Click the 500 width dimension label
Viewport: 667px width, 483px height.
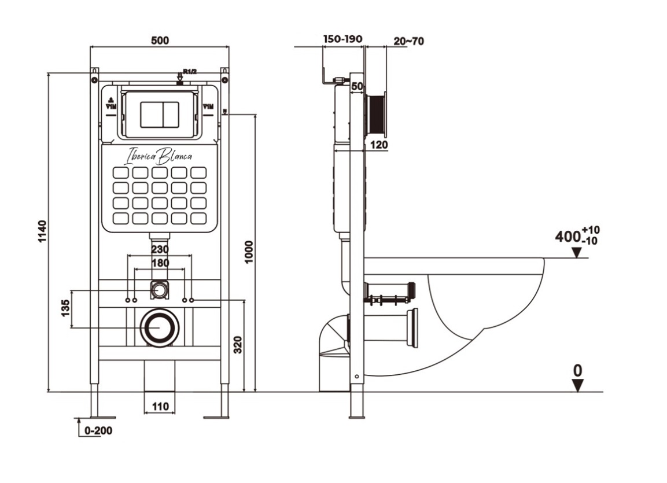click(x=160, y=40)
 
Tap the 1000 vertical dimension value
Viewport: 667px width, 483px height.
click(x=249, y=252)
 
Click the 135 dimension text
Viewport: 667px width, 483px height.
click(x=65, y=308)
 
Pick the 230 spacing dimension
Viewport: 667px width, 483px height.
click(x=160, y=249)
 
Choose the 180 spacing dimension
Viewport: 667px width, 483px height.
click(x=160, y=263)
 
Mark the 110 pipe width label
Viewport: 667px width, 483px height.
click(x=160, y=407)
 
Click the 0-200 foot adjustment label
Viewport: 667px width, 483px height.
click(x=98, y=431)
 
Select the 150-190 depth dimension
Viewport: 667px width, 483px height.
click(x=342, y=39)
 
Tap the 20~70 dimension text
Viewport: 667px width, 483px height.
click(x=408, y=41)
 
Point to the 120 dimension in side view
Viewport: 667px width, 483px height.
click(x=378, y=144)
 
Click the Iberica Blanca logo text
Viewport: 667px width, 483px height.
click(x=160, y=156)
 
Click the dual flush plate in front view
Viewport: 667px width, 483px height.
click(x=160, y=113)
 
